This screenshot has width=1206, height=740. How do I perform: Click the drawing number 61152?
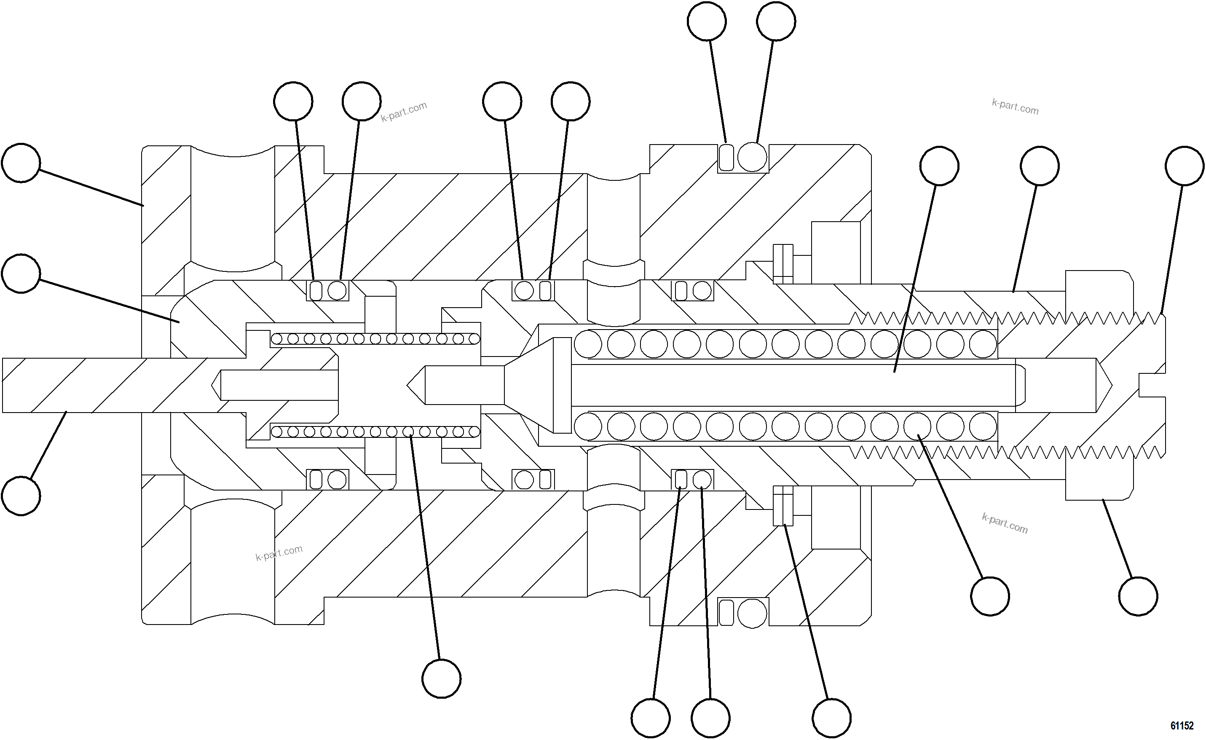(1182, 725)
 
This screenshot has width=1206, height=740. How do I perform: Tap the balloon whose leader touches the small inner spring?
(441, 678)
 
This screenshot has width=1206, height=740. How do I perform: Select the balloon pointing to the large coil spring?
(990, 596)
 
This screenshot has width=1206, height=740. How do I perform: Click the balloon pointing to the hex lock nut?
(1139, 596)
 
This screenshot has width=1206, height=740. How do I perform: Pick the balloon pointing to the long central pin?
(939, 166)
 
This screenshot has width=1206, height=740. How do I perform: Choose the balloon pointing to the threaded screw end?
(1185, 166)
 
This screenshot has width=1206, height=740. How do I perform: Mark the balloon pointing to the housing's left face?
(21, 163)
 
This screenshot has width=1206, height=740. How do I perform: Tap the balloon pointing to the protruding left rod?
(21, 496)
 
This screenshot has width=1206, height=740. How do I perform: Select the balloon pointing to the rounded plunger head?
(21, 273)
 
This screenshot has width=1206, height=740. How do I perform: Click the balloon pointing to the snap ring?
(831, 719)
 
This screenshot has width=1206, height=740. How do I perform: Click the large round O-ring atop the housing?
(752, 157)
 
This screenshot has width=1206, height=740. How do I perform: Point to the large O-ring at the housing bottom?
(752, 613)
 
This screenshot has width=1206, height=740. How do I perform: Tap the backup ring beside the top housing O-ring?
(727, 157)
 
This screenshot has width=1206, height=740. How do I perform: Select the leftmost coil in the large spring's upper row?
(588, 343)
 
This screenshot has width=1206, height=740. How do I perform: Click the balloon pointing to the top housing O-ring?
(776, 21)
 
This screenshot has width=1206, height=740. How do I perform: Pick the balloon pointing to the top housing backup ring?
(707, 21)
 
